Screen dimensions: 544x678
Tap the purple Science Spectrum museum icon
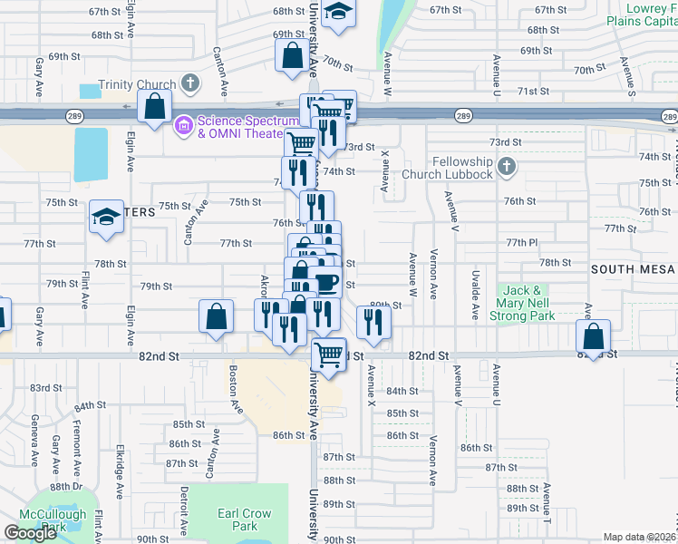point(184,122)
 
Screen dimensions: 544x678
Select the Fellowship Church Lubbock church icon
point(507,167)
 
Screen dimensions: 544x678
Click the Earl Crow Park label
point(245,520)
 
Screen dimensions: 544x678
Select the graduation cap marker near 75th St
point(106,218)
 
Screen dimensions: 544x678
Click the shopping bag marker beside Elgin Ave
point(155,105)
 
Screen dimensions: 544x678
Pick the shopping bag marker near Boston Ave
point(216,317)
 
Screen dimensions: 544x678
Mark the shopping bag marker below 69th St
point(293,54)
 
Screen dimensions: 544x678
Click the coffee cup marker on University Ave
point(326,284)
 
